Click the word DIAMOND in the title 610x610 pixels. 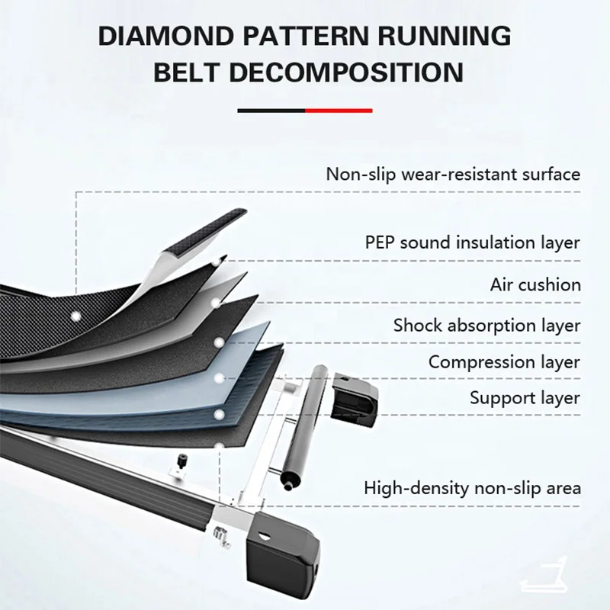tap(170, 36)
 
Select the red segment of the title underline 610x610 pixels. tap(339, 111)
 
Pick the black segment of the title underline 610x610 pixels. tap(271, 111)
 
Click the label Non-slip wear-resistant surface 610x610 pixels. tap(453, 173)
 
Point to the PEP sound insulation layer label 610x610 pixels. tap(472, 242)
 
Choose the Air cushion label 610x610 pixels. tap(535, 284)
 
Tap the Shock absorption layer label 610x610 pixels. tap(486, 326)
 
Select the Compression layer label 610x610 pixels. tap(504, 362)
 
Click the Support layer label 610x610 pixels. tap(525, 397)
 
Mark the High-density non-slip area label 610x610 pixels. tap(472, 486)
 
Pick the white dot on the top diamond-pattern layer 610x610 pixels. tap(75, 314)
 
